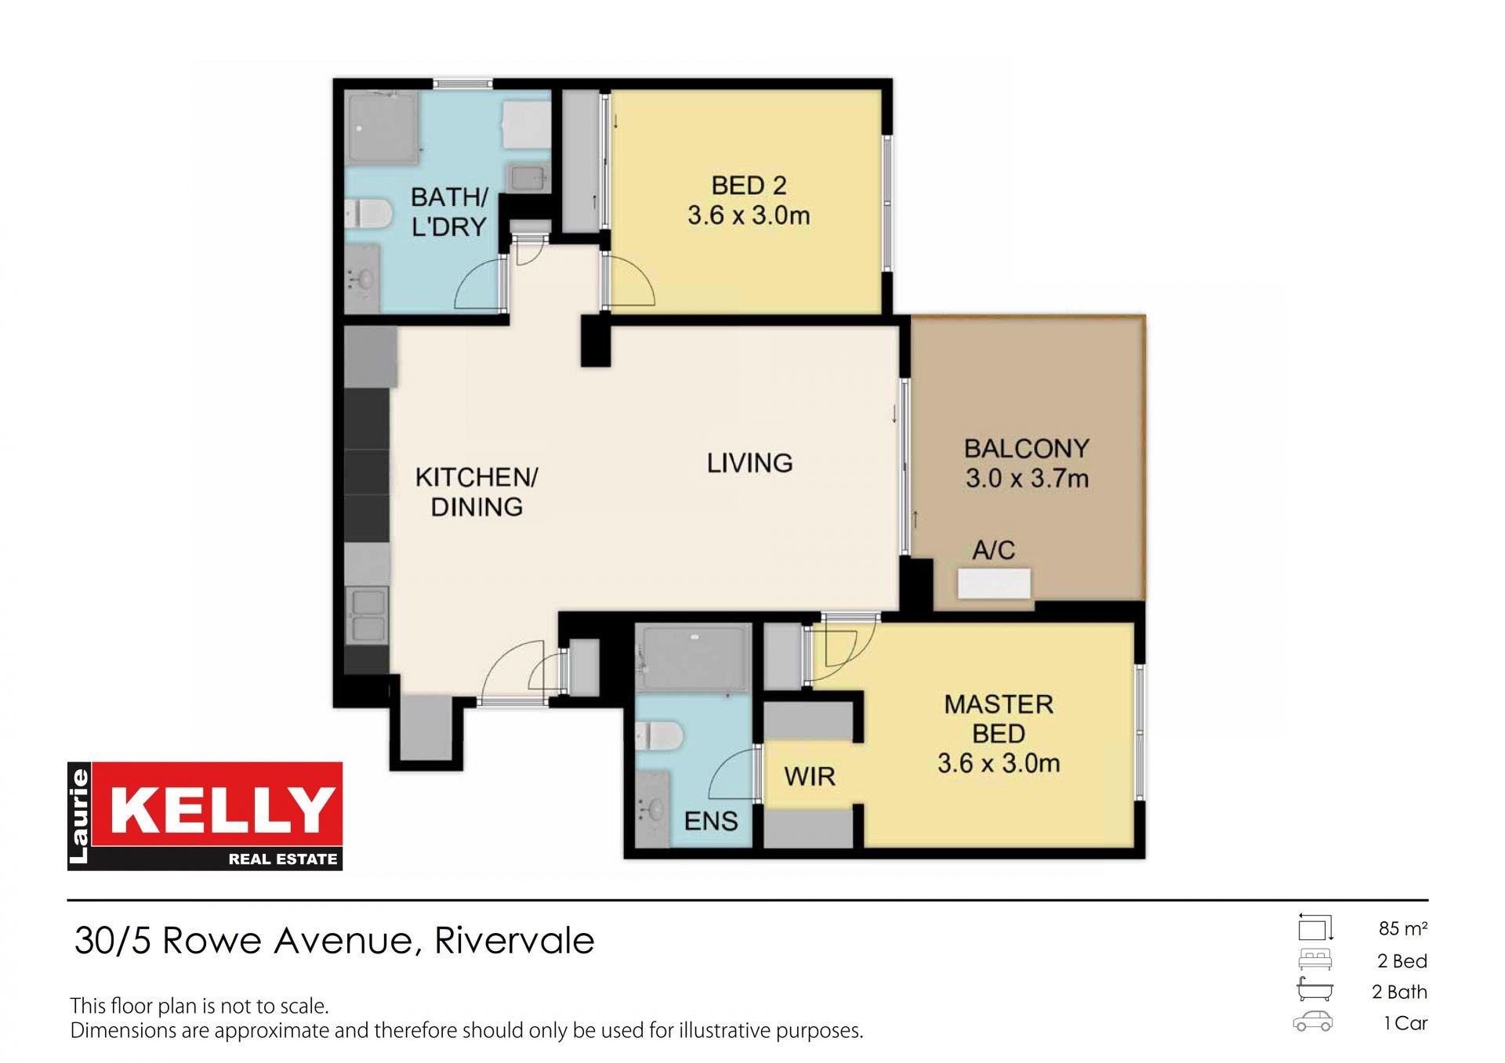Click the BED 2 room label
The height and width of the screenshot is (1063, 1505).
click(749, 186)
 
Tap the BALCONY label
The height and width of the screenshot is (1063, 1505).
click(1027, 449)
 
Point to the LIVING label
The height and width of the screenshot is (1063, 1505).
click(749, 463)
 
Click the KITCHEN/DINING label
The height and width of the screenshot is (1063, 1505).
click(477, 492)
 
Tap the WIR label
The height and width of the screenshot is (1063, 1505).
click(810, 777)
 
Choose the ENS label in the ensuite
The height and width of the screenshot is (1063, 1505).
click(711, 821)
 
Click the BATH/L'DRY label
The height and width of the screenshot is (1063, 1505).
click(449, 212)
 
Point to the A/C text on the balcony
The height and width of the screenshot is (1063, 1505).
click(993, 550)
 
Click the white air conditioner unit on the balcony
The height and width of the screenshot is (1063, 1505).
click(994, 584)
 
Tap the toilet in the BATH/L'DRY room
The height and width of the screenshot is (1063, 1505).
click(368, 214)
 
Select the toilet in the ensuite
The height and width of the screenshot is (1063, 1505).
click(659, 736)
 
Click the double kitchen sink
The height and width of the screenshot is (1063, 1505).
click(367, 615)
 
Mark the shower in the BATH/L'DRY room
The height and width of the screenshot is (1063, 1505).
click(383, 128)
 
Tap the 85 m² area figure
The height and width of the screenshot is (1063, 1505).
click(1402, 928)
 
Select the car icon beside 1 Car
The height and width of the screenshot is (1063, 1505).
click(1313, 1021)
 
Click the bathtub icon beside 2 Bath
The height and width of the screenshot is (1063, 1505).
click(1315, 989)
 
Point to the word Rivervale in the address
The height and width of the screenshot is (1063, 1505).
click(514, 940)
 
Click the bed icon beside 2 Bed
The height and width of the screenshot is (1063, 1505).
click(1315, 960)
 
